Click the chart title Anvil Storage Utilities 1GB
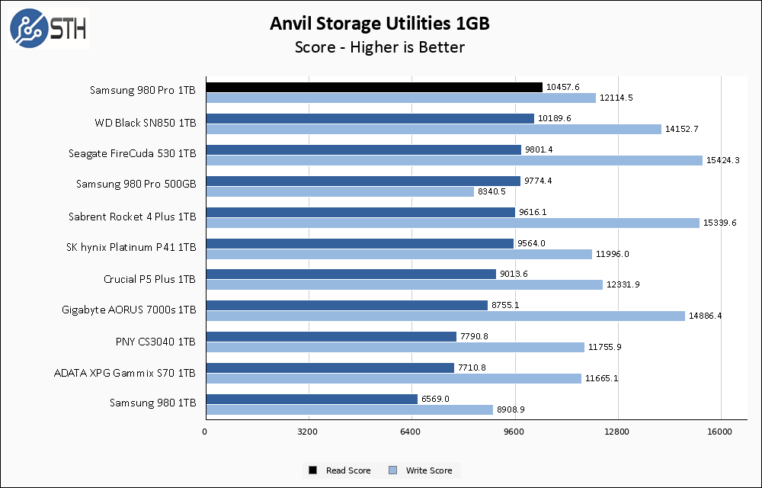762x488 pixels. (x=379, y=24)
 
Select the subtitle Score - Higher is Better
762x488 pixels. (x=379, y=47)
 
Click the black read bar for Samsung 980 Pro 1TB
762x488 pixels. (x=373, y=88)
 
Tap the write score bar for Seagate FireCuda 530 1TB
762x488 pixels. (x=453, y=160)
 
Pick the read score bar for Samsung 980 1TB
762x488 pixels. (x=311, y=399)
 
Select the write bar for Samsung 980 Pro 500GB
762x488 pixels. (x=339, y=191)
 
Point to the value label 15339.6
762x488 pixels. (x=720, y=223)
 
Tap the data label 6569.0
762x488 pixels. (x=436, y=399)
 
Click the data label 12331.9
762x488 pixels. (x=623, y=285)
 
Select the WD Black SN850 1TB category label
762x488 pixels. (x=146, y=122)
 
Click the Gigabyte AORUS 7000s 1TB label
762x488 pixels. (x=130, y=310)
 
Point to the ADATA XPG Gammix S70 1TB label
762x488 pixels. (x=125, y=373)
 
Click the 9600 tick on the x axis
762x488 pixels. (x=514, y=432)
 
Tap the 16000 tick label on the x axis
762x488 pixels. (x=720, y=432)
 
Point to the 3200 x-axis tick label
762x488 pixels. (x=308, y=432)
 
